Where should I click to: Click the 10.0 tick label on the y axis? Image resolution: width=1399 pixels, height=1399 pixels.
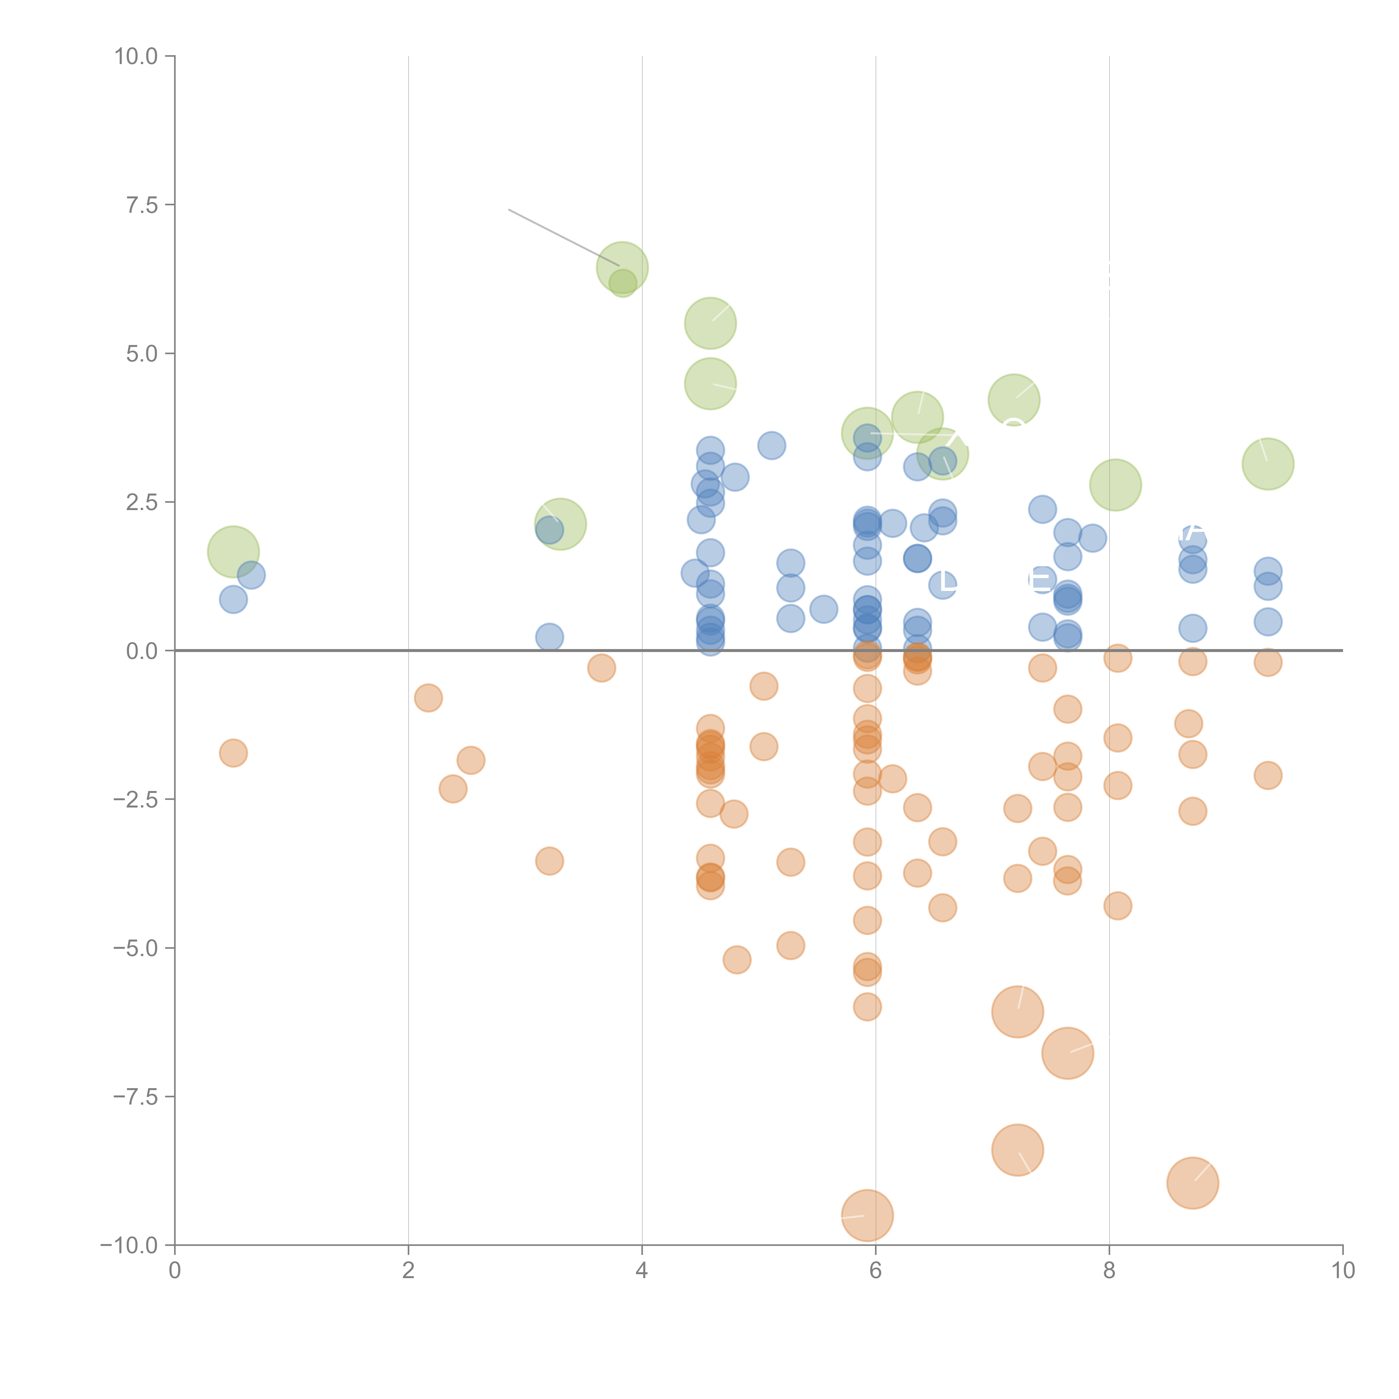click(x=136, y=57)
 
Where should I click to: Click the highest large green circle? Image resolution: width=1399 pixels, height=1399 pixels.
click(x=622, y=268)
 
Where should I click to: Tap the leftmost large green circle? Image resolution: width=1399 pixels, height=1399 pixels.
click(x=233, y=552)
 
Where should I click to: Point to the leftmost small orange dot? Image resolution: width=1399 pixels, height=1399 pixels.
click(x=233, y=753)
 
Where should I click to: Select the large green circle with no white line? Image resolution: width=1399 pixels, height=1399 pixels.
click(x=1115, y=484)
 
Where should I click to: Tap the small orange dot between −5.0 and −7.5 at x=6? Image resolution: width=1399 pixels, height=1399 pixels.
click(x=867, y=1006)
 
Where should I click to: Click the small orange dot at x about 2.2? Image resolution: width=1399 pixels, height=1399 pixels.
click(x=428, y=698)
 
